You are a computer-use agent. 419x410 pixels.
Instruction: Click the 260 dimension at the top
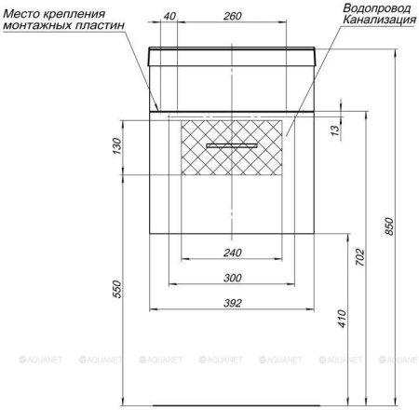[234, 16]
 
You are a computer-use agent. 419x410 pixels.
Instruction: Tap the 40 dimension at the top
[169, 16]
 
